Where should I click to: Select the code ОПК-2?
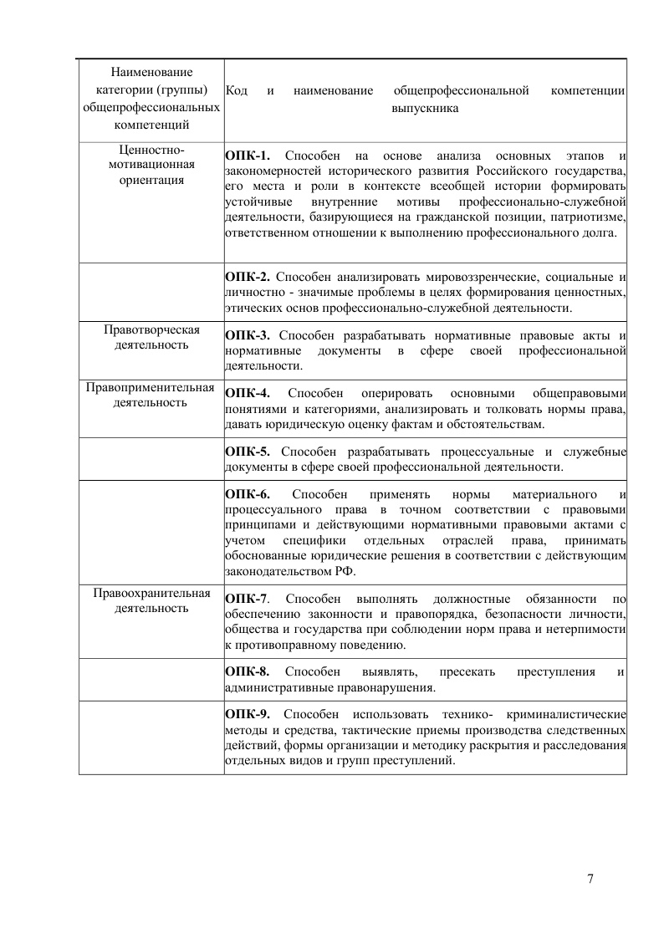tap(248, 277)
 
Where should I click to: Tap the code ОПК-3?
tap(248, 335)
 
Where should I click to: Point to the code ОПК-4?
tap(248, 393)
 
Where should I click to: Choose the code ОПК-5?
tap(248, 452)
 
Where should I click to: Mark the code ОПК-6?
tap(248, 493)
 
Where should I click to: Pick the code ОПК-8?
tap(248, 671)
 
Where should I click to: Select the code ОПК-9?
tap(248, 714)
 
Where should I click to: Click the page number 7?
tap(590, 878)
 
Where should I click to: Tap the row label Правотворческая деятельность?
tap(151, 335)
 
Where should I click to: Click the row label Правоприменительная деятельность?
tap(151, 394)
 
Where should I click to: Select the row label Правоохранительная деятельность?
tap(151, 600)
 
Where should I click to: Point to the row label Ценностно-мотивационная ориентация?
tap(151, 164)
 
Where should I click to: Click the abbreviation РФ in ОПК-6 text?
tap(345, 572)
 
